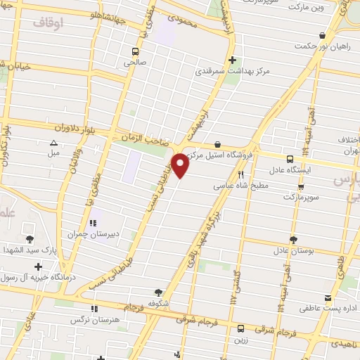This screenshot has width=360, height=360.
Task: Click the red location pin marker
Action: pyautogui.click(x=181, y=166)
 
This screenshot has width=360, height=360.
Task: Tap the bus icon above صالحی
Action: pyautogui.click(x=136, y=51)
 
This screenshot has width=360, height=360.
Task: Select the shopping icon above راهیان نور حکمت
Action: pyautogui.click(x=322, y=36)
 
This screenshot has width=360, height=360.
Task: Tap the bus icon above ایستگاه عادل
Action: pyautogui.click(x=290, y=160)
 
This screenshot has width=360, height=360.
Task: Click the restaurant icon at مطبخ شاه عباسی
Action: pyautogui.click(x=240, y=174)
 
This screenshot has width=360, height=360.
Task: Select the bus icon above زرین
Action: pyautogui.click(x=240, y=328)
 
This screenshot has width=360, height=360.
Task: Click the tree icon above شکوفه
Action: pyautogui.click(x=158, y=293)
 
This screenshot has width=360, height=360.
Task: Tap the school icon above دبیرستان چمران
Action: pyautogui.click(x=92, y=224)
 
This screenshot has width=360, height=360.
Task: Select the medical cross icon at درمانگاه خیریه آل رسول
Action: pyautogui.click(x=37, y=266)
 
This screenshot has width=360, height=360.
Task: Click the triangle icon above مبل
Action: pyautogui.click(x=53, y=143)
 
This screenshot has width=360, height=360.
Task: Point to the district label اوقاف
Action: pyautogui.click(x=48, y=23)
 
